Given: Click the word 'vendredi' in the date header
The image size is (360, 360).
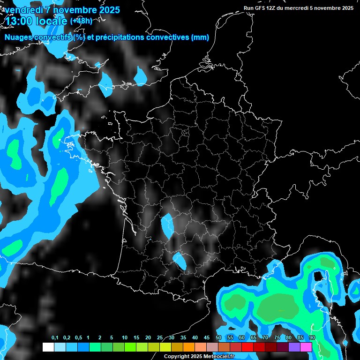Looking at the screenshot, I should pos(23,10).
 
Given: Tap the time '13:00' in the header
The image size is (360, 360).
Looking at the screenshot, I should pos(22,21).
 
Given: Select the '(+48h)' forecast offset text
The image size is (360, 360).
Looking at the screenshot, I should pos(81,21).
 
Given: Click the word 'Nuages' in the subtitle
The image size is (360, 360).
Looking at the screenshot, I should pos(18,37).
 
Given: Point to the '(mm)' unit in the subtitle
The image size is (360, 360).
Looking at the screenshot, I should pos(200,37).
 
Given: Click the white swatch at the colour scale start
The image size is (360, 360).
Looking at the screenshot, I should pos(48,347).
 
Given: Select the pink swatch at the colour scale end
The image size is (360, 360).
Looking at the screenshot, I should pos(306,347).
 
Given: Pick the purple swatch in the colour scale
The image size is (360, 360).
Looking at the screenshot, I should pos(294,347).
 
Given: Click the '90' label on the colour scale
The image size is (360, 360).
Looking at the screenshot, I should pos(312,338).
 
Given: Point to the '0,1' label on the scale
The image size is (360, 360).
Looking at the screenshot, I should pos(55,338).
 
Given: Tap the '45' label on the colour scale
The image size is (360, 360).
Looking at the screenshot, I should pos(207,338).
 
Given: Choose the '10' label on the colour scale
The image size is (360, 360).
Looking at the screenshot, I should pos(124,338).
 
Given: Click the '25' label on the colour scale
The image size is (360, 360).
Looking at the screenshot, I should pos(160,338).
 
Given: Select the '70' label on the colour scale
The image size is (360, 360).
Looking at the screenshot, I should pos(265,338).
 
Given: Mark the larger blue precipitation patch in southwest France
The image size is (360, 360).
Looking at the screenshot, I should pos(167,225).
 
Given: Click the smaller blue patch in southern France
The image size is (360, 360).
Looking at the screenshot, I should pos(180,260).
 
